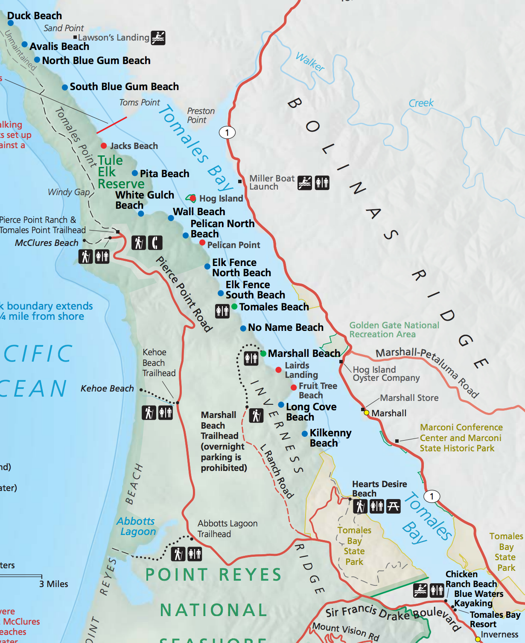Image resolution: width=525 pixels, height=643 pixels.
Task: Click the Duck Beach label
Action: click(35, 16)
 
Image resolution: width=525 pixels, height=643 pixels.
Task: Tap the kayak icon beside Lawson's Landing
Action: click(158, 38)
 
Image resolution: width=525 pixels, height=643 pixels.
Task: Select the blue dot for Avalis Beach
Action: click(25, 45)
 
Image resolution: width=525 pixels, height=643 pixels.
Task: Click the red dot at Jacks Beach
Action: click(104, 146)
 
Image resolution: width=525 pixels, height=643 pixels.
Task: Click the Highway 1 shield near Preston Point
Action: click(227, 132)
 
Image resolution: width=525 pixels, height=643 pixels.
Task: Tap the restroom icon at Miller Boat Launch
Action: click(322, 183)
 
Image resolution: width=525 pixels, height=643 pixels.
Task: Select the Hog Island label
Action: click(221, 199)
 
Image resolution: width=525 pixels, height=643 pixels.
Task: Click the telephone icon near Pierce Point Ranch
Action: click(155, 243)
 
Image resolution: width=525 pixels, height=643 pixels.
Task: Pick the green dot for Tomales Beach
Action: click(234, 307)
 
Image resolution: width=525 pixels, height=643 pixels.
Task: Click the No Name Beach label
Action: click(286, 327)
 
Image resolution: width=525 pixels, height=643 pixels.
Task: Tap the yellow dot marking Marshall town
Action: click(366, 412)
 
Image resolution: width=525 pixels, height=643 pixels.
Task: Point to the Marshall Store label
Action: click(409, 398)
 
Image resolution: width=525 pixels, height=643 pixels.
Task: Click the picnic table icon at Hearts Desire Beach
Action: click(393, 506)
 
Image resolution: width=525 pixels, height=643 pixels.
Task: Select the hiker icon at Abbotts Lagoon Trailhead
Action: click(178, 554)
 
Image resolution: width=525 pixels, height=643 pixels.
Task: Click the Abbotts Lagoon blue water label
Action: click(137, 526)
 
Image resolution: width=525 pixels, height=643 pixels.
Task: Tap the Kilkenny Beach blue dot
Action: click(305, 434)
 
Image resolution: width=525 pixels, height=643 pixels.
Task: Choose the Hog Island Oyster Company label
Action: click(386, 374)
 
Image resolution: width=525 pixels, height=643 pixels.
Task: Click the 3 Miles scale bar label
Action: click(54, 584)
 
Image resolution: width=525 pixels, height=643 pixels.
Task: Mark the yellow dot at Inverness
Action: click(478, 639)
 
